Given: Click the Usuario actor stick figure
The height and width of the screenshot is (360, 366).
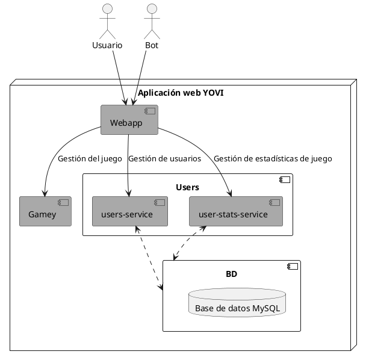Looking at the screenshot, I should tap(108, 22).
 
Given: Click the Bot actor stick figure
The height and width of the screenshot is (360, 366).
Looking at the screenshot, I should tap(151, 22).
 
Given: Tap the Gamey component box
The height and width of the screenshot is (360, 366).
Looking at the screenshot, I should tap(45, 211).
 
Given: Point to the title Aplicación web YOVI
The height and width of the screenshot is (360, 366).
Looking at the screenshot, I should tap(181, 93).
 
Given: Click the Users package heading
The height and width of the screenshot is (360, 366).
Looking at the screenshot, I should tap(187, 187).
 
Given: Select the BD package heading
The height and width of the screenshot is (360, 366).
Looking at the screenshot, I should tap(231, 274).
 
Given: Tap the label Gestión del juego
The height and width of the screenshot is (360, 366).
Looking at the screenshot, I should tap(89, 160).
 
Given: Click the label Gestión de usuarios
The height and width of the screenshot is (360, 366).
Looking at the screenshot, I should tap(164, 160).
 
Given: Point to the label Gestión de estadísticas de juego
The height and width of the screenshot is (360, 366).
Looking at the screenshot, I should tap(272, 160).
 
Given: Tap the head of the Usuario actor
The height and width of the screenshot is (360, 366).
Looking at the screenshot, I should tap(108, 8).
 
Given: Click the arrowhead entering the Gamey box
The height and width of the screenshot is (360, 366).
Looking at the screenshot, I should tap(45, 192).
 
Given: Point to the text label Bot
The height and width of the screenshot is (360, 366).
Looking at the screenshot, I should tap(151, 46).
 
